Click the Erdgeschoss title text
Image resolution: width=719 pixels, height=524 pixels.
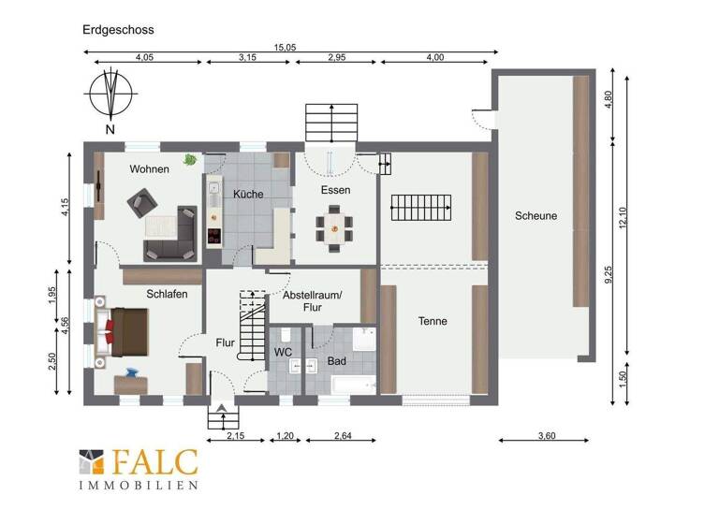coord(117,30)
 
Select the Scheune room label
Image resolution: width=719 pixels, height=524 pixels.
coord(536,216)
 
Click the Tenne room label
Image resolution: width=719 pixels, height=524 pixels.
coord(433,321)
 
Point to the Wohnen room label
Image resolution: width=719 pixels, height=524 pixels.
coord(150,169)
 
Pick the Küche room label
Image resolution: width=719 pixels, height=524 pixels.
coord(248,194)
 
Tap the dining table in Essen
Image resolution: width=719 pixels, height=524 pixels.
coord(335,225)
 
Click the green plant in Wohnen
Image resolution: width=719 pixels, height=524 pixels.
coord(190,160)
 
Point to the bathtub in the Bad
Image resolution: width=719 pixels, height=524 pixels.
coord(351,386)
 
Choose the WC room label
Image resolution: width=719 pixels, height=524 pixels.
coord(284,352)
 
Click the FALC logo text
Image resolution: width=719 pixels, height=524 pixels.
coord(154,462)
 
